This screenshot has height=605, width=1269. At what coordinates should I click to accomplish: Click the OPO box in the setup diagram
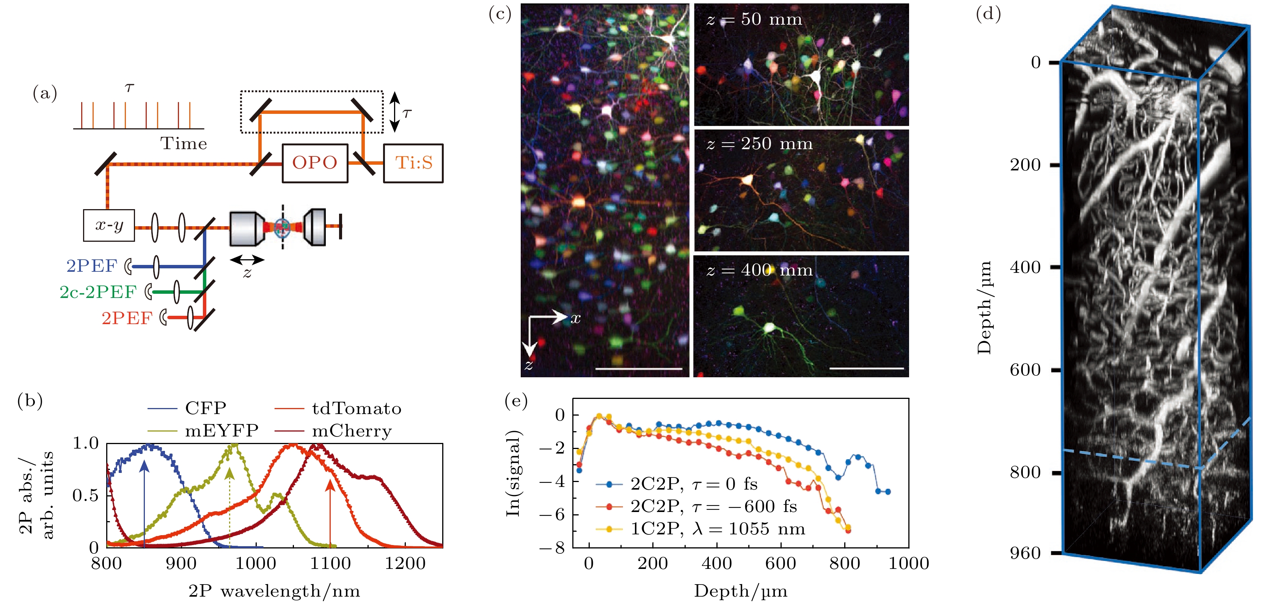[x=315, y=163]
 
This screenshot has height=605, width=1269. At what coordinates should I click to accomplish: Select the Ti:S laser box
[x=413, y=163]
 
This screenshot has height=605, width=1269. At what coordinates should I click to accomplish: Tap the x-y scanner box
[x=109, y=225]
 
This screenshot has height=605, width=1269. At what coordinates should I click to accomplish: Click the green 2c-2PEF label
[x=98, y=292]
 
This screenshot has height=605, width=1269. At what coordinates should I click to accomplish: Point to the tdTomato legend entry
[x=356, y=409]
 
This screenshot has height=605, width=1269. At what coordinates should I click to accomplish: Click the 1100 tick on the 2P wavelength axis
[x=330, y=564]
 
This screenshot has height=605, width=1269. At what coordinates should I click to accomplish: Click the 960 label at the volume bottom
[x=1026, y=553]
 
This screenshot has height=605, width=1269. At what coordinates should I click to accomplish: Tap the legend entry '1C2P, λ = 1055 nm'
[x=718, y=529]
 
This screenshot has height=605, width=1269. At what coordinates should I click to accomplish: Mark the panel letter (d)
[x=988, y=14]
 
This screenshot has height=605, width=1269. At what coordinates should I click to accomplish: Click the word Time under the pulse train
[x=183, y=143]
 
